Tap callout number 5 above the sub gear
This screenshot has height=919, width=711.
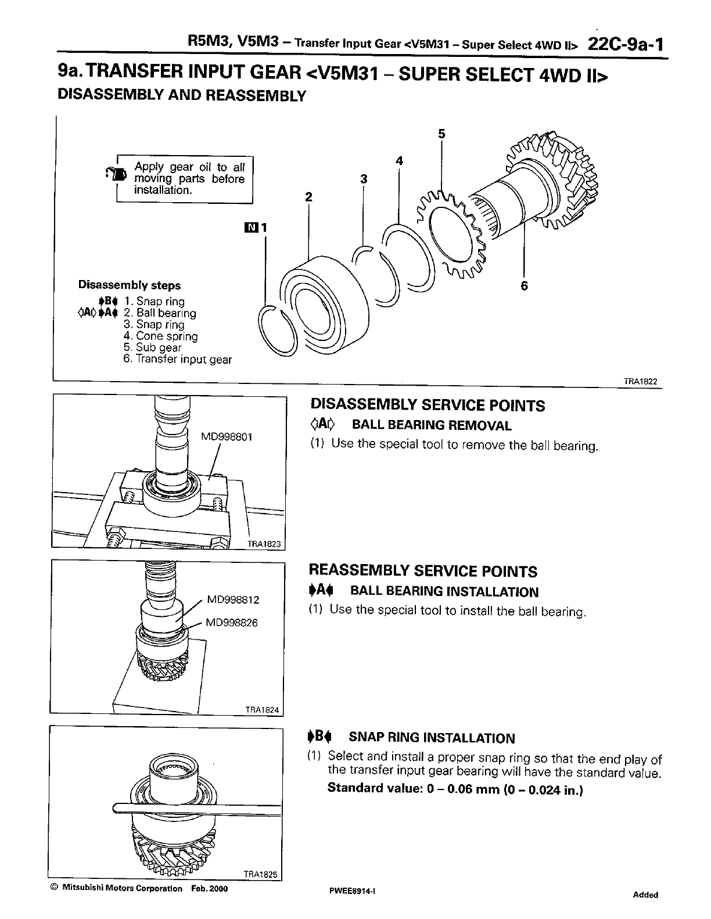click(441, 134)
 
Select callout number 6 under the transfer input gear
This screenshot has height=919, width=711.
click(525, 286)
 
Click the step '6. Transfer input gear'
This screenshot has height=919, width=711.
click(177, 360)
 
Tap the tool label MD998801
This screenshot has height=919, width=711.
click(227, 437)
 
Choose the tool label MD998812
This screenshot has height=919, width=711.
click(233, 599)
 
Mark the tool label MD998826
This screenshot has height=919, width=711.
click(231, 623)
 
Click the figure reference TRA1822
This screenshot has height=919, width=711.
click(640, 382)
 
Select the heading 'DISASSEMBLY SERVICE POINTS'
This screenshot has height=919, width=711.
click(428, 405)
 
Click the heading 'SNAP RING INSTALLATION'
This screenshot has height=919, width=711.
click(431, 738)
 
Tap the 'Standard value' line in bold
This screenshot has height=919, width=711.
click(455, 788)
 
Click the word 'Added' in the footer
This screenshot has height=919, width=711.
click(645, 895)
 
